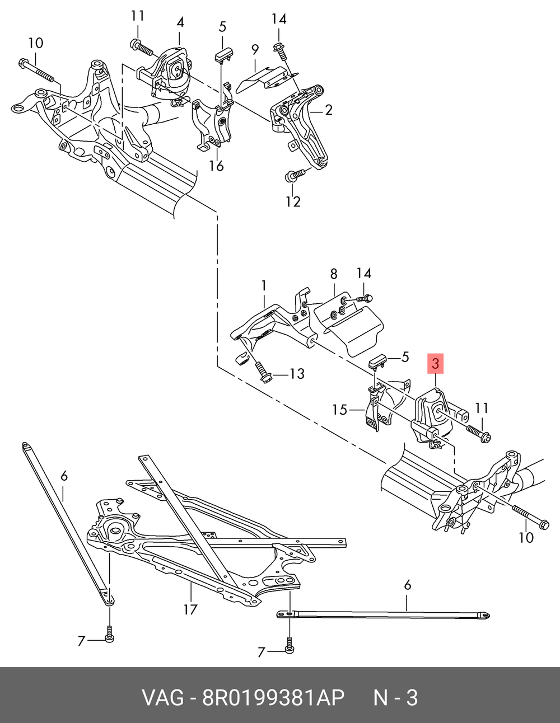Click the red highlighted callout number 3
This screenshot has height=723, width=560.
click(x=435, y=364)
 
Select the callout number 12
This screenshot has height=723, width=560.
click(x=293, y=201)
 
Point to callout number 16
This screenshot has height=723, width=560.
click(x=216, y=166)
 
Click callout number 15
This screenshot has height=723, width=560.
click(x=339, y=410)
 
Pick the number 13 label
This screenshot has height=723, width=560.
click(x=297, y=374)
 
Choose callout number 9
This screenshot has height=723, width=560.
click(x=255, y=50)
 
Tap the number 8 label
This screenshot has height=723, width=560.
click(x=334, y=274)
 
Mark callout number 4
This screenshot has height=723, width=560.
click(x=180, y=22)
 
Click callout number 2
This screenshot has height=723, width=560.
click(x=329, y=110)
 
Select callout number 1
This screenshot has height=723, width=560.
click(x=264, y=285)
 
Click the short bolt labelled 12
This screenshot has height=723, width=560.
click(x=295, y=175)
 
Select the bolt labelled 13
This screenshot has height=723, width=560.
click(x=263, y=373)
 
